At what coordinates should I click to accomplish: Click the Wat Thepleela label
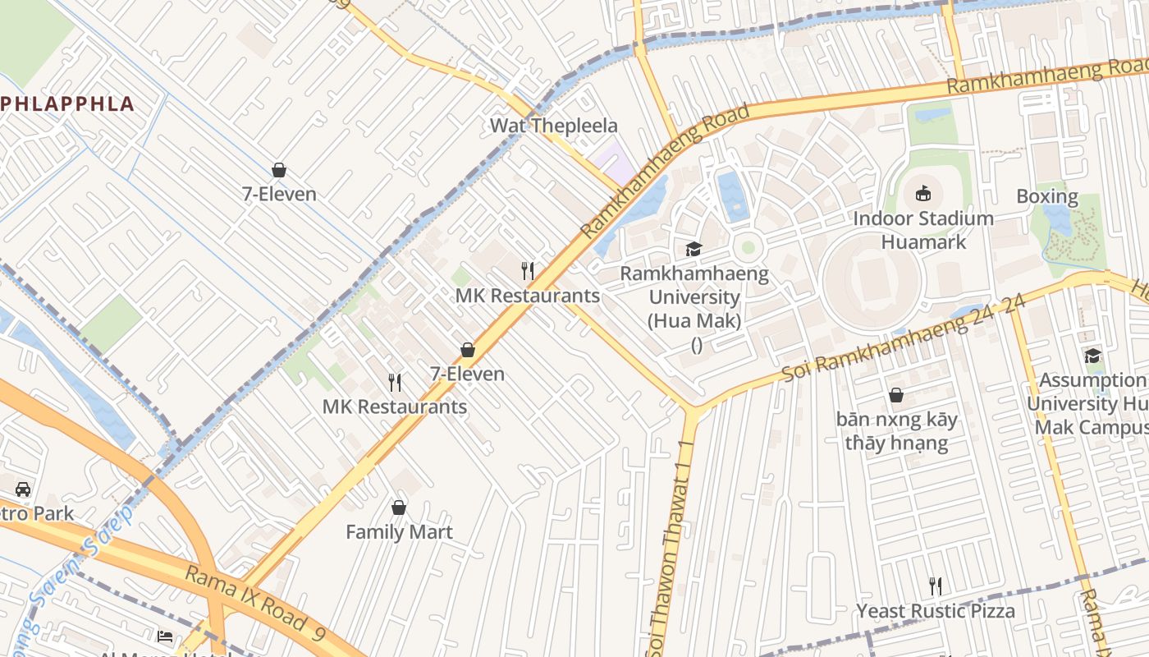click(x=553, y=126)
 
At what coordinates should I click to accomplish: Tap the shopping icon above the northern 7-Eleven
click(x=279, y=170)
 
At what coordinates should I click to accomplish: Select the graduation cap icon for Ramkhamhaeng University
click(x=694, y=249)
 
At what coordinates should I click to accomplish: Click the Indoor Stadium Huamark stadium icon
click(x=923, y=194)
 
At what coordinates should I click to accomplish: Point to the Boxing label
click(x=1046, y=196)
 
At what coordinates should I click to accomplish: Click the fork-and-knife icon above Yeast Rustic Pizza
click(x=935, y=586)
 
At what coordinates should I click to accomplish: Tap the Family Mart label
click(x=399, y=532)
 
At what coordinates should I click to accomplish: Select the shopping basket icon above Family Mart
click(x=399, y=508)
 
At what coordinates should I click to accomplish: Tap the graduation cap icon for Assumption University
click(x=1092, y=356)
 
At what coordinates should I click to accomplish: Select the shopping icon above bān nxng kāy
click(x=896, y=395)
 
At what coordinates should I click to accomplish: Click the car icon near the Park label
click(x=23, y=489)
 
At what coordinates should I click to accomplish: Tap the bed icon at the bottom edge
click(x=165, y=636)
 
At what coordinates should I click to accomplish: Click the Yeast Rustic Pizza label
click(x=936, y=611)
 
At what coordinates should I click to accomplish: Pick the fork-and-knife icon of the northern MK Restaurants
click(x=528, y=270)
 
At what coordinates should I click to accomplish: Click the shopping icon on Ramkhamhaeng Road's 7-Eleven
click(x=468, y=350)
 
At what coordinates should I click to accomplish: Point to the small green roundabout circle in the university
click(x=748, y=246)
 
